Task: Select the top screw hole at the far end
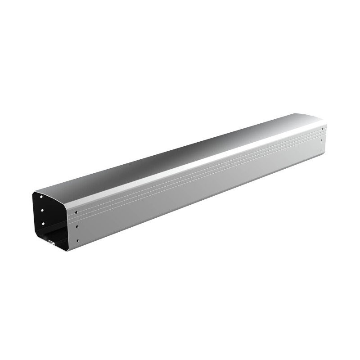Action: [x=322, y=130]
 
